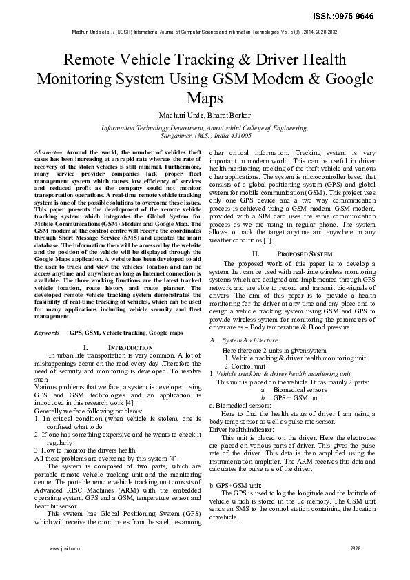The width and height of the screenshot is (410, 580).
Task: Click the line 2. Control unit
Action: [241, 366]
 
